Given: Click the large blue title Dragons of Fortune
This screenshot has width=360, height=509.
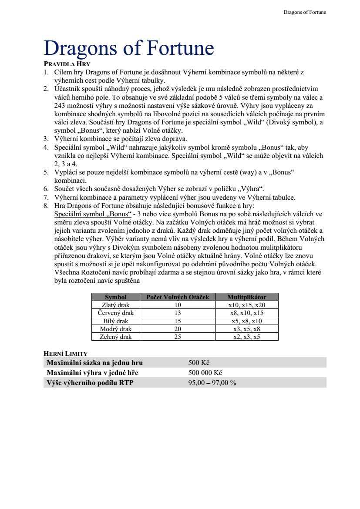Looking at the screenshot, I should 129,48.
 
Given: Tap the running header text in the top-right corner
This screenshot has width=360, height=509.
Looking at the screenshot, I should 304,12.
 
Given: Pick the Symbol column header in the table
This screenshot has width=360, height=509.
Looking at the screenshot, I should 115,297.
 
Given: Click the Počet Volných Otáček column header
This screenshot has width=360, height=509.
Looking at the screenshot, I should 178,297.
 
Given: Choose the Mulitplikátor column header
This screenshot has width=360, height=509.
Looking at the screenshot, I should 246,297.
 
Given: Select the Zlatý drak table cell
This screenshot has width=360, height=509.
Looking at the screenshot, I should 115,305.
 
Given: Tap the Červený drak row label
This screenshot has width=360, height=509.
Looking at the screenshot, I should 115,313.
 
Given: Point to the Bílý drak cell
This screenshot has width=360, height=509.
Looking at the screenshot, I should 115,321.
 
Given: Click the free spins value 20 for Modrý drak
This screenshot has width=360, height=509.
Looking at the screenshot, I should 178,329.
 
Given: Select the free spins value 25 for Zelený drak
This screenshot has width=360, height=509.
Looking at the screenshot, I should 178,337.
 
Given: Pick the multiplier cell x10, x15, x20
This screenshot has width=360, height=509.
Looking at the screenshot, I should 246,305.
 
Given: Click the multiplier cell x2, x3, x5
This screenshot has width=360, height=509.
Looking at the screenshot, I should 246,337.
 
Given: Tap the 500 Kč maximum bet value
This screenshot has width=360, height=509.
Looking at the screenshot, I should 199,363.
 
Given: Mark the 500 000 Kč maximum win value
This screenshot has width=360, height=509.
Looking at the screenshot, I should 205,373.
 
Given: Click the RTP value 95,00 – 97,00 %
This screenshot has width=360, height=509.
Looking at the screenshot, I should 212,383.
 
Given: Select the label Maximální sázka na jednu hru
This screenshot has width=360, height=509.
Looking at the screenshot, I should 94,363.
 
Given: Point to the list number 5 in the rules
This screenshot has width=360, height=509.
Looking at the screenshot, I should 46,172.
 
